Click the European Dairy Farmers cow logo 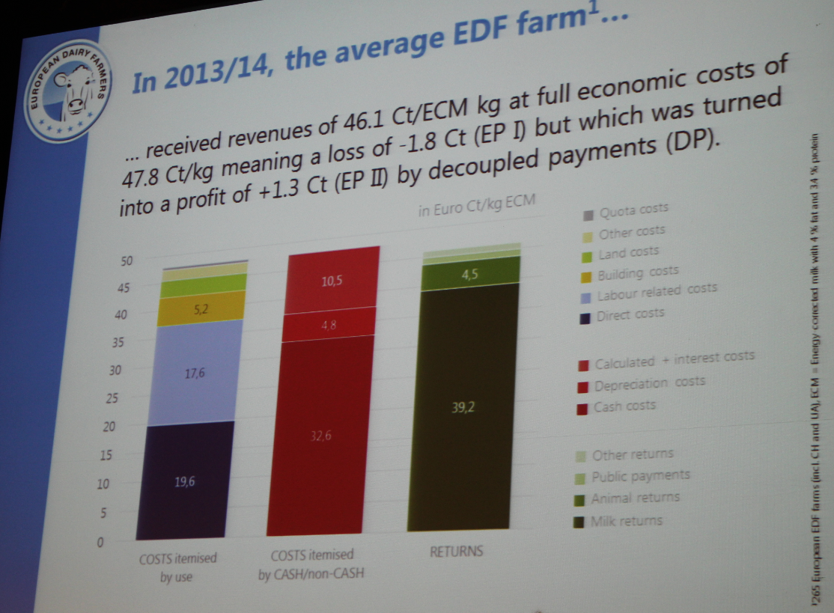point(67,92)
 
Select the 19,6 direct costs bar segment point(184,481)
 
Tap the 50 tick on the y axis point(127,260)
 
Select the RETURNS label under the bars point(456,552)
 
